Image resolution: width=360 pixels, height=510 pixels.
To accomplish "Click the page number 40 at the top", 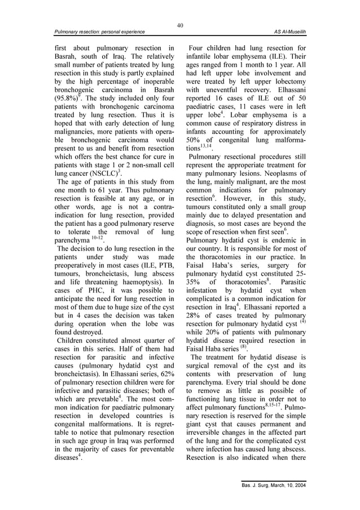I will point(180,25).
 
